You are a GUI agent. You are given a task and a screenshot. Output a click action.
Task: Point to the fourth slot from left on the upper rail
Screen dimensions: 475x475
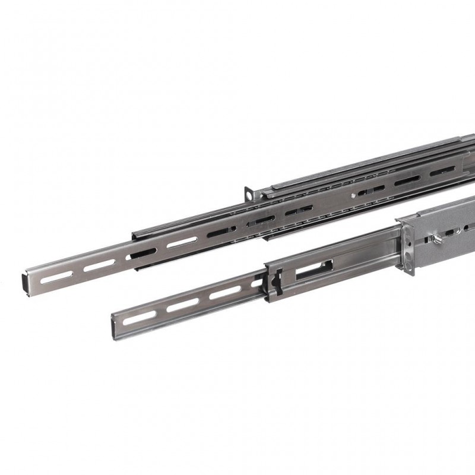[181, 242]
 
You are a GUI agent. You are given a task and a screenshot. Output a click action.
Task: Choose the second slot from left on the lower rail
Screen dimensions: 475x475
[182, 304]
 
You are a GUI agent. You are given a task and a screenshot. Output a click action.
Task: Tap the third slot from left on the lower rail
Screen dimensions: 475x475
[226, 292]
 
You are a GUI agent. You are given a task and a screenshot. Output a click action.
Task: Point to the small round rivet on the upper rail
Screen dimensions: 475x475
[355, 192]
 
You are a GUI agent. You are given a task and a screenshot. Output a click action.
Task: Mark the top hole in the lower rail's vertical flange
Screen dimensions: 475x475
[409, 237]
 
